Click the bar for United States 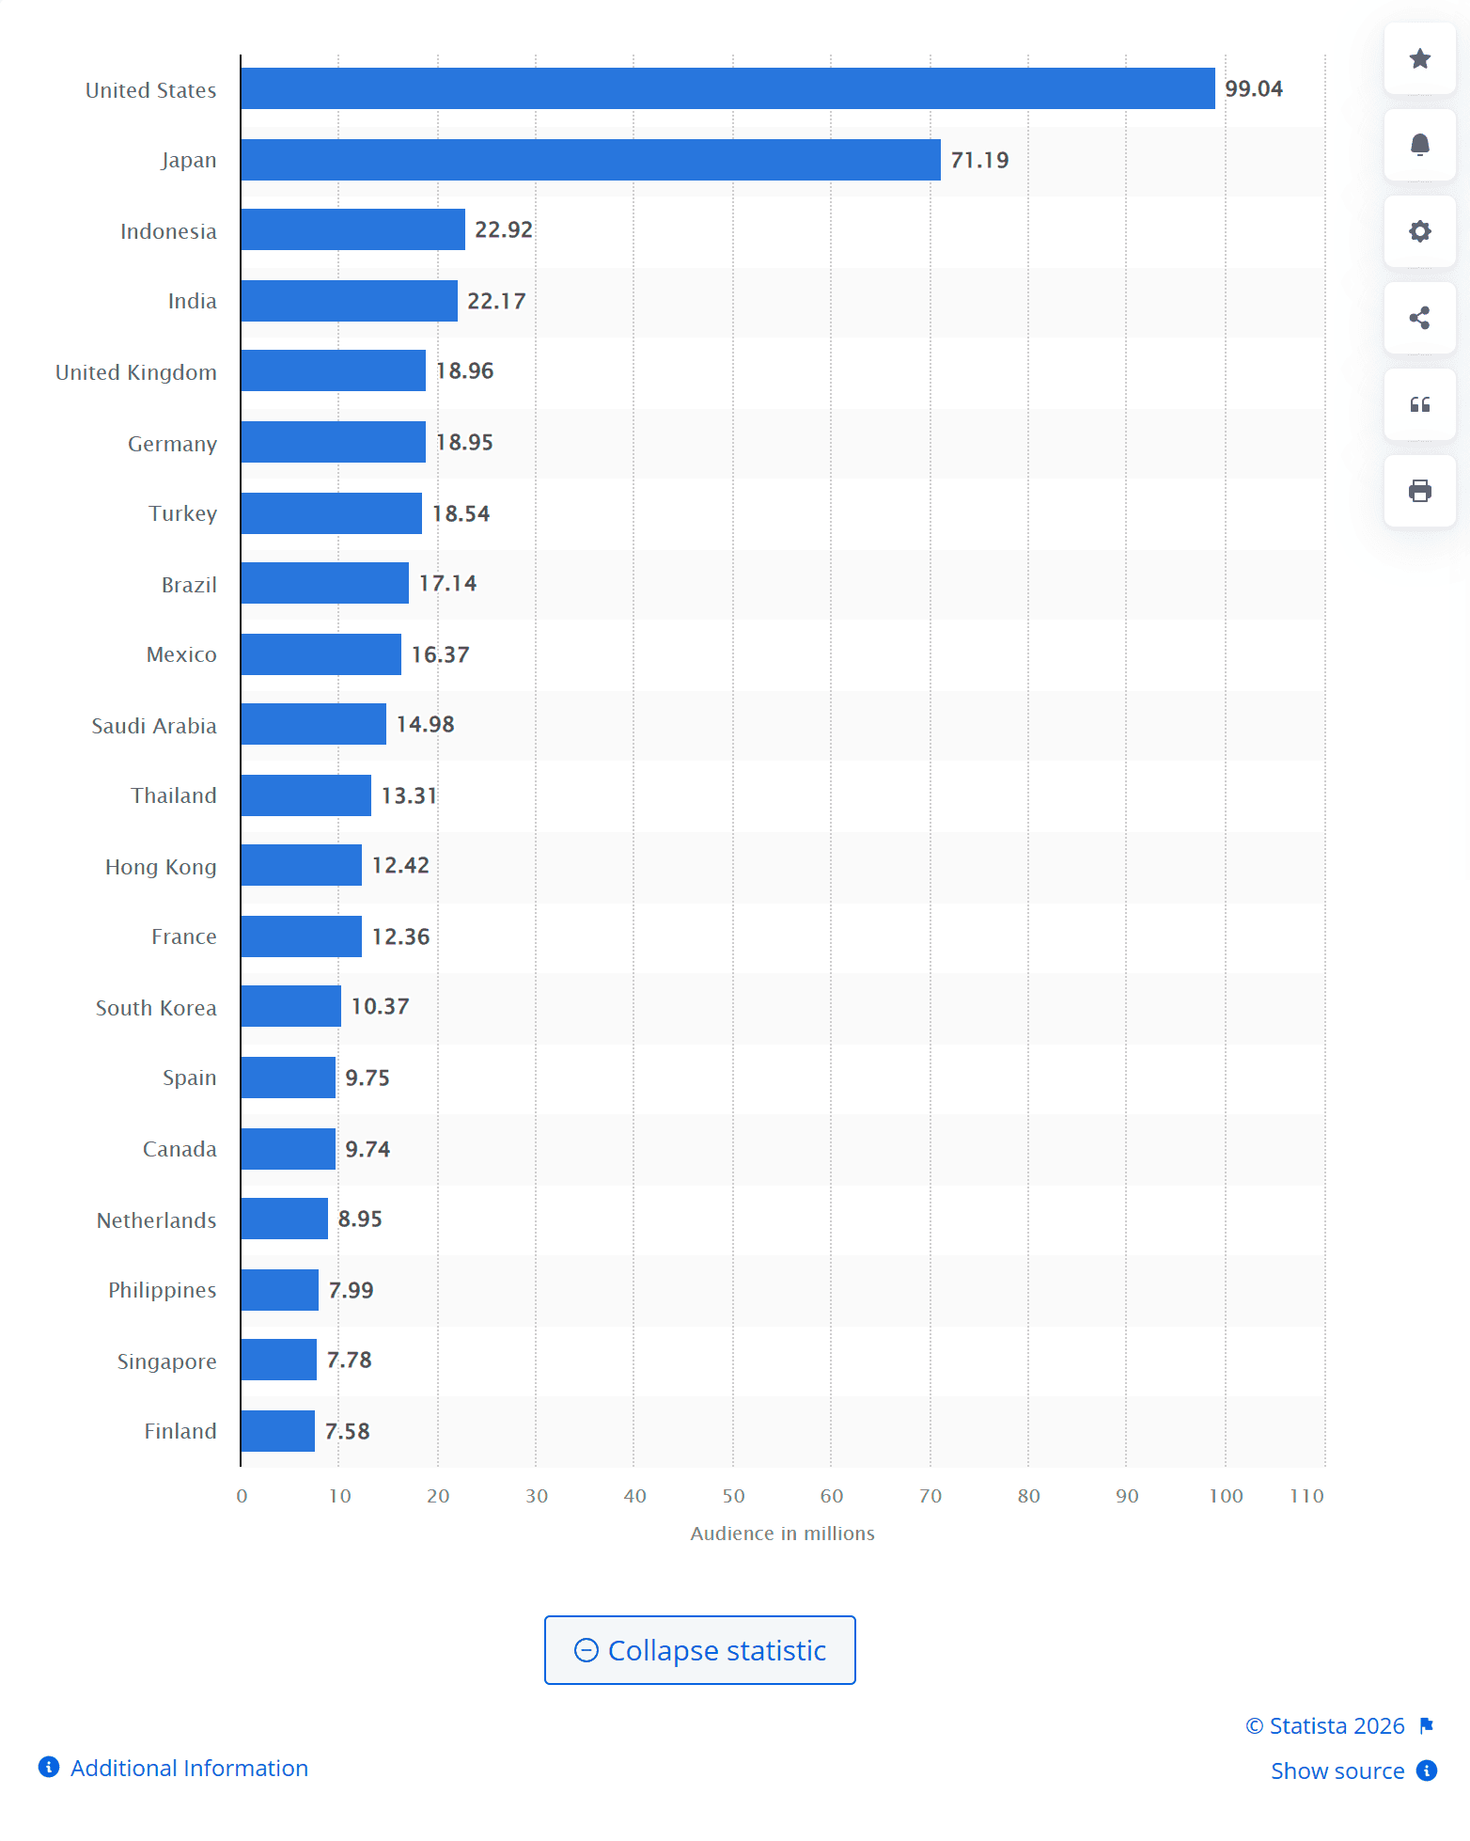click(727, 88)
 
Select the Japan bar click(590, 160)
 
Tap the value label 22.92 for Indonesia click(504, 230)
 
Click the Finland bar click(278, 1431)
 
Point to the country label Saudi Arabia click(154, 726)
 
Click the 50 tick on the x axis click(733, 1496)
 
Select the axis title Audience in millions click(782, 1534)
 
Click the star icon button click(1419, 59)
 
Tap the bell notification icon click(1419, 145)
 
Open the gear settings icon click(1419, 231)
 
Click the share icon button click(1419, 318)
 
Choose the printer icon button click(1419, 491)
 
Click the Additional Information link click(189, 1769)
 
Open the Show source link click(1337, 1771)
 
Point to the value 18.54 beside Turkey click(461, 514)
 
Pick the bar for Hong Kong click(301, 865)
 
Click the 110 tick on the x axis click(1306, 1496)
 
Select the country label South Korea click(156, 1008)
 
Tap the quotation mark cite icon click(1419, 404)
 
